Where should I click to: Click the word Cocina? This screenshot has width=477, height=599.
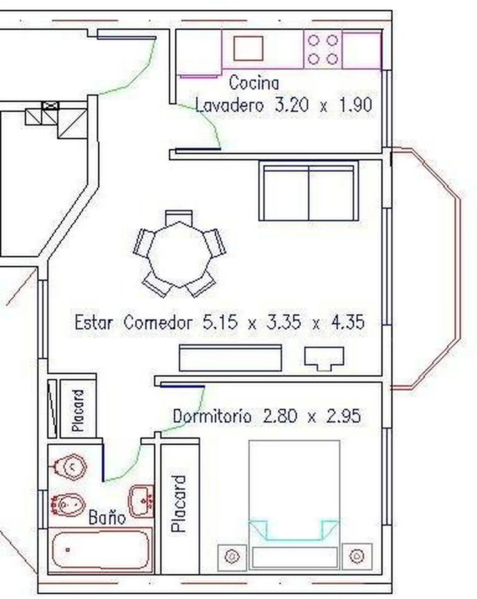click(254, 83)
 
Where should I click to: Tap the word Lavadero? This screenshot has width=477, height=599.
click(229, 105)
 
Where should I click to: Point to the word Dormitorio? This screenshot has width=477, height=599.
click(212, 416)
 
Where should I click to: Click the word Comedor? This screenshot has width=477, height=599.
click(158, 323)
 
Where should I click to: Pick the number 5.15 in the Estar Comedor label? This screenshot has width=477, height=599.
click(220, 322)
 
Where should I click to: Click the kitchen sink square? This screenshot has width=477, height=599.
click(248, 48)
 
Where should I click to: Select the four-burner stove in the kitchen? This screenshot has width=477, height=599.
click(323, 49)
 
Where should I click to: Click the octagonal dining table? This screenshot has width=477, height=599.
click(180, 254)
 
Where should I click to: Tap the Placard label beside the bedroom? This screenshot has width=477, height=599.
click(178, 504)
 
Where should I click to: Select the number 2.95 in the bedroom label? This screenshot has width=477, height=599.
click(343, 416)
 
